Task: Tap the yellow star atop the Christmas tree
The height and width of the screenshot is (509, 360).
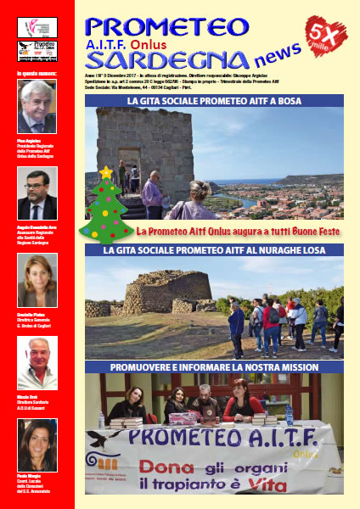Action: pyautogui.click(x=106, y=172)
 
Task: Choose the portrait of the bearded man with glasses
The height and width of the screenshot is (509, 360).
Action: pyautogui.click(x=37, y=193)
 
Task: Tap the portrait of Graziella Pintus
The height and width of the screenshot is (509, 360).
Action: pyautogui.click(x=37, y=280)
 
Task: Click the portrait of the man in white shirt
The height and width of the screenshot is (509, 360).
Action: pyautogui.click(x=37, y=363)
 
